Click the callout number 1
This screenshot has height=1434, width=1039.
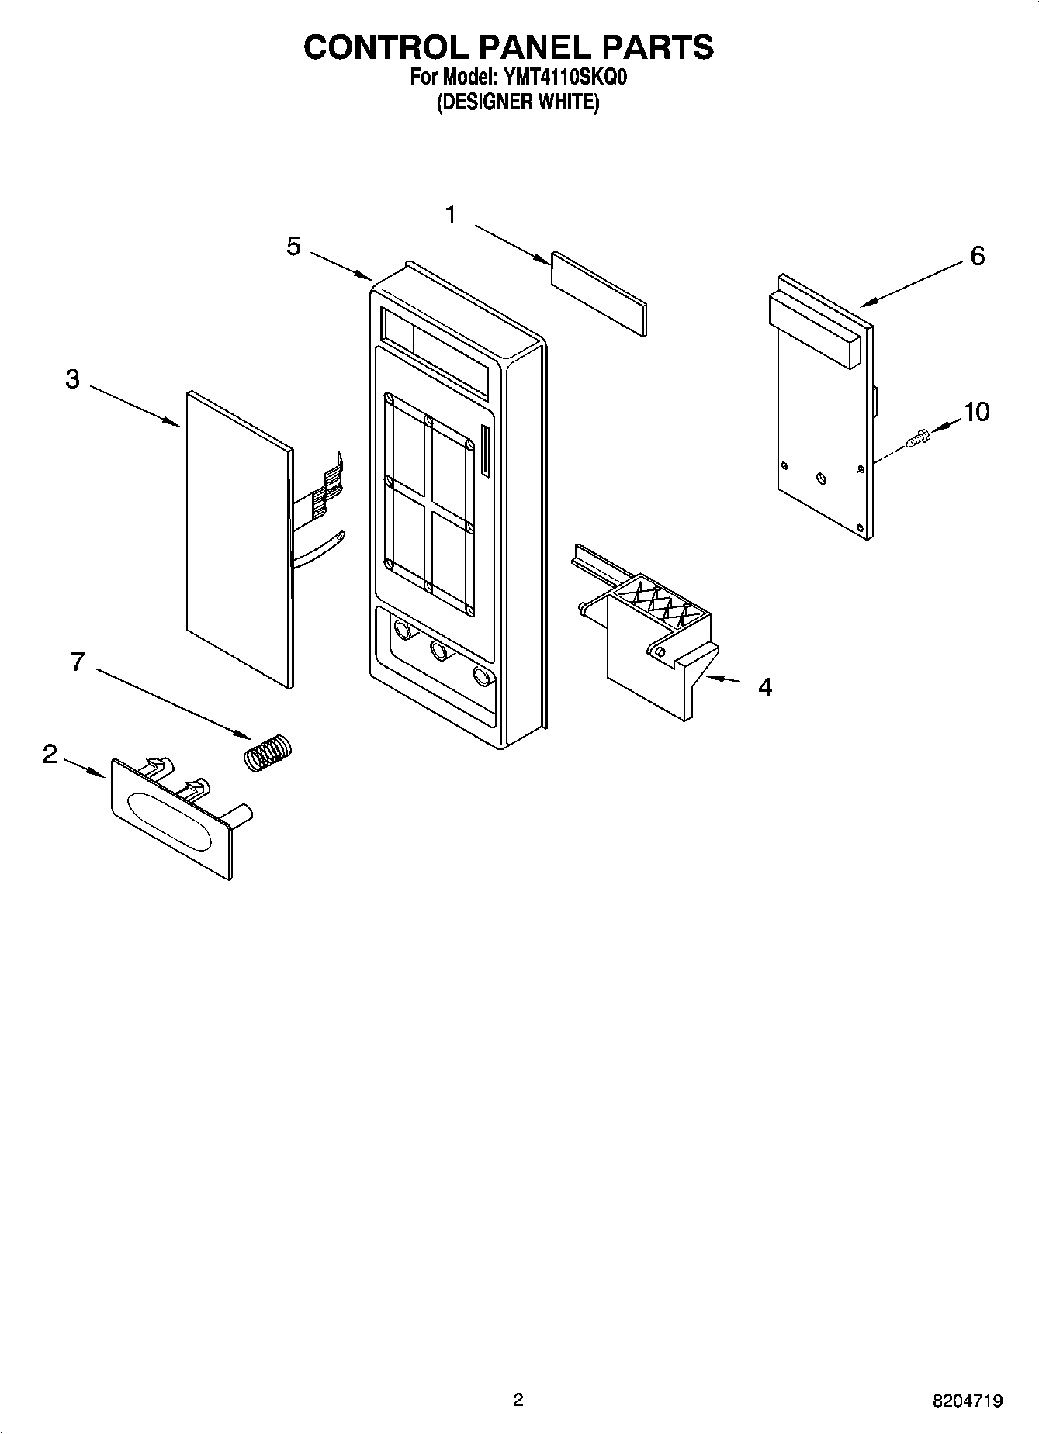[x=451, y=215]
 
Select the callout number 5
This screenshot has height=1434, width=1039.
[x=293, y=247]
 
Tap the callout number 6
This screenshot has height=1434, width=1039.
[x=977, y=255]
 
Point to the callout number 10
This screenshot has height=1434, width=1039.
[x=976, y=412]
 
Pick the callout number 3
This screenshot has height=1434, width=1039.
[x=72, y=379]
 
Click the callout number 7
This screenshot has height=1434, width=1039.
[x=77, y=662]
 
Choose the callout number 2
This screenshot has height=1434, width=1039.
[x=50, y=754]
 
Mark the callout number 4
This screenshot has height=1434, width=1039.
[x=764, y=686]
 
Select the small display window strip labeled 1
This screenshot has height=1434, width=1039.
[x=598, y=294]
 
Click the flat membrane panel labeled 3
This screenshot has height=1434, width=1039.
[x=237, y=535]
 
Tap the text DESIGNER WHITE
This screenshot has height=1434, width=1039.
[x=518, y=102]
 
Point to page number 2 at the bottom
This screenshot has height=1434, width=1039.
[x=518, y=1400]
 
